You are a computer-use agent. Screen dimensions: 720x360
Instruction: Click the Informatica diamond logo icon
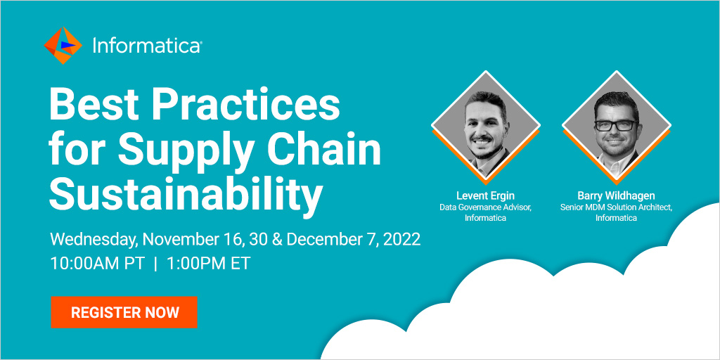click(x=63, y=46)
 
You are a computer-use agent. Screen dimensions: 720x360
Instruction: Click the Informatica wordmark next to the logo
click(x=147, y=46)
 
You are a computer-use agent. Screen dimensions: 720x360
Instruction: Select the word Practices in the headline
click(x=247, y=105)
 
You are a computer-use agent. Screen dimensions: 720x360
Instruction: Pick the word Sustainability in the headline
click(x=185, y=194)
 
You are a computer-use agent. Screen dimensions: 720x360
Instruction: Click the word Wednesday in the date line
click(x=95, y=240)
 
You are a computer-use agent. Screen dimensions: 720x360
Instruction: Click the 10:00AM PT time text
click(x=98, y=264)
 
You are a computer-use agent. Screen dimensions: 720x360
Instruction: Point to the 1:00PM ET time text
click(x=208, y=264)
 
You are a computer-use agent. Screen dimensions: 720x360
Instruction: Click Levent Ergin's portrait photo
click(x=485, y=125)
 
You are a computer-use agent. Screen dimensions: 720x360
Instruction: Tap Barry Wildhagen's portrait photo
click(x=616, y=125)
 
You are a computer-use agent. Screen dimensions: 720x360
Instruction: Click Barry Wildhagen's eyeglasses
click(x=615, y=125)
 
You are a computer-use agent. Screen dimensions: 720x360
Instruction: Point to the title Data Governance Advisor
click(x=485, y=207)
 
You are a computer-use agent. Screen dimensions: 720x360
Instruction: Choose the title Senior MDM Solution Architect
click(x=616, y=207)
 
